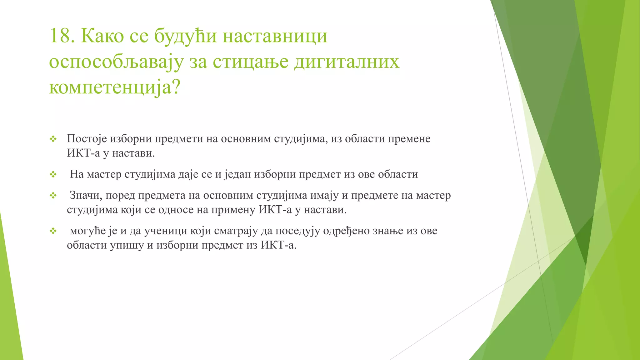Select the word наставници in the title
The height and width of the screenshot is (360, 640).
pyautogui.click(x=275, y=36)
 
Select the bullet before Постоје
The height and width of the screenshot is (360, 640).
pyautogui.click(x=53, y=139)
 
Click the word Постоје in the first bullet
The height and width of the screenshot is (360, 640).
pyautogui.click(x=87, y=139)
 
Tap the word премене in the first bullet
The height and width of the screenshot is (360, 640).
pyautogui.click(x=409, y=139)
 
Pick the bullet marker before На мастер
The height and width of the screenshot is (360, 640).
pyautogui.click(x=53, y=174)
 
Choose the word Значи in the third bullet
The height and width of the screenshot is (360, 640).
pyautogui.click(x=86, y=195)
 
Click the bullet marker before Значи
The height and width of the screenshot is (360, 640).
pyautogui.click(x=53, y=196)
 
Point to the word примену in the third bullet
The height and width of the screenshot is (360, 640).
pyautogui.click(x=233, y=210)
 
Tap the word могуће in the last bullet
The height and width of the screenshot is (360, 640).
pyautogui.click(x=88, y=231)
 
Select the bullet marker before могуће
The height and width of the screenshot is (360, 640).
pyautogui.click(x=53, y=231)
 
